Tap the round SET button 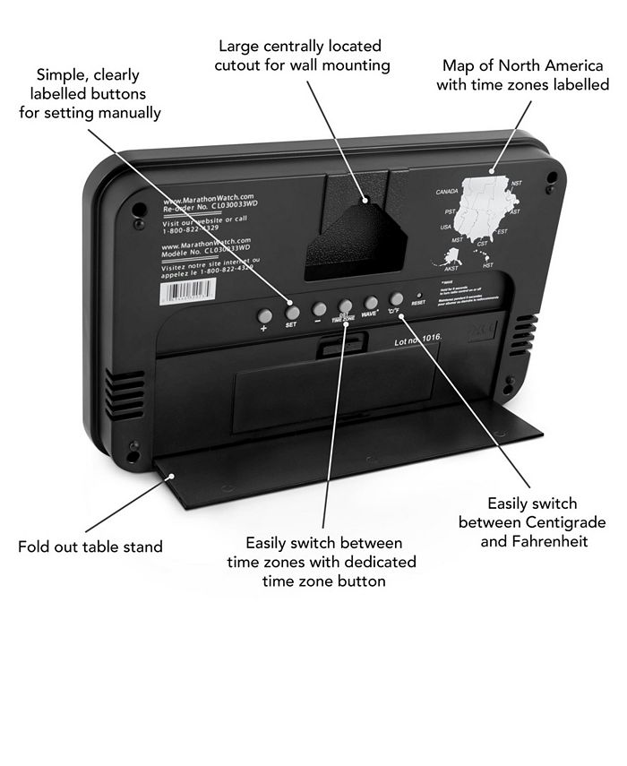pyautogui.click(x=291, y=313)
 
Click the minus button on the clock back pyautogui.click(x=319, y=309)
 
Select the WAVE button pyautogui.click(x=371, y=303)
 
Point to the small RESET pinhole pyautogui.click(x=418, y=295)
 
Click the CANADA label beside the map pyautogui.click(x=447, y=192)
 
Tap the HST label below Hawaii pyautogui.click(x=488, y=265)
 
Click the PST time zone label pyautogui.click(x=451, y=211)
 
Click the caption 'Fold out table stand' pyautogui.click(x=90, y=546)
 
